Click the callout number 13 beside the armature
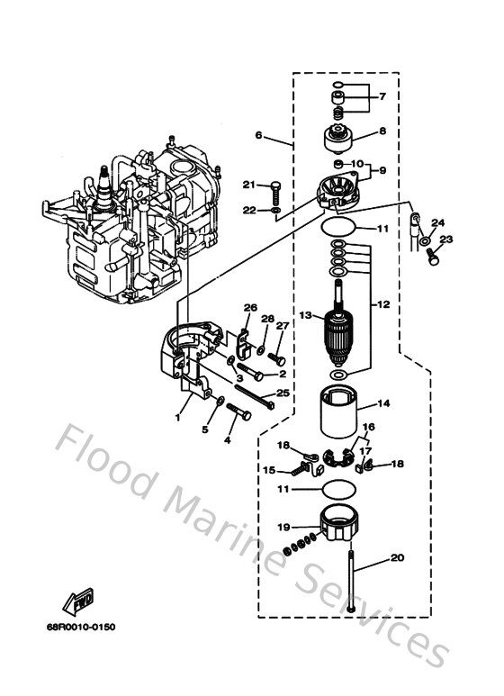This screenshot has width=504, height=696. [x=305, y=315]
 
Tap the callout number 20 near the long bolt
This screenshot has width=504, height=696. [x=397, y=558]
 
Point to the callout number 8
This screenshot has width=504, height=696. [x=382, y=131]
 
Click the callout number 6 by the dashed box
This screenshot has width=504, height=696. [x=258, y=136]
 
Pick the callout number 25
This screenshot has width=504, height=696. [x=282, y=393]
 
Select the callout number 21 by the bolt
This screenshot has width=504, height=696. [x=247, y=185]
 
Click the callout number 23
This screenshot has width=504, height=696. [x=448, y=240]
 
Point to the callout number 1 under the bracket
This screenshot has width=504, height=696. [x=177, y=417]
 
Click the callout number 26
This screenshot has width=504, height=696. [x=250, y=308]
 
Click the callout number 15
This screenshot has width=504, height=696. [x=269, y=469]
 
